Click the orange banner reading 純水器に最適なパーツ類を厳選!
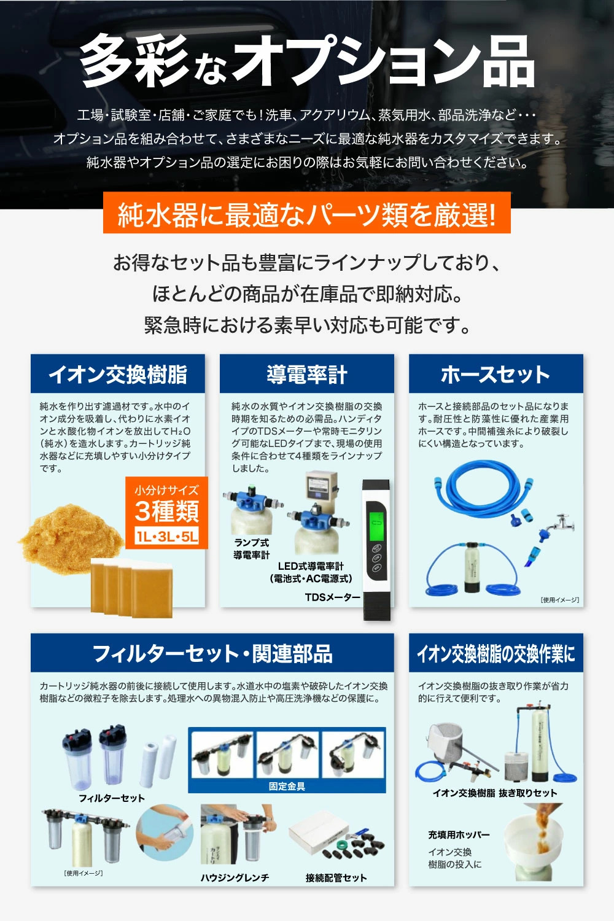(x=307, y=213)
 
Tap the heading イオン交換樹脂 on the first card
(x=118, y=374)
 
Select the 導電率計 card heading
(x=307, y=374)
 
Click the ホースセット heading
(x=495, y=374)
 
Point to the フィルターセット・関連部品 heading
(x=212, y=653)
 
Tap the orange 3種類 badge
(x=166, y=512)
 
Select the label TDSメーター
(x=333, y=597)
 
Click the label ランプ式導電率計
(x=252, y=548)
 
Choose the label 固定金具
(x=287, y=787)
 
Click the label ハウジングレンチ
(x=235, y=878)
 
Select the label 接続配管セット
(x=336, y=878)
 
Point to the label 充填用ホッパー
(x=459, y=834)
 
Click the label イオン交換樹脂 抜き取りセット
(x=495, y=793)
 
